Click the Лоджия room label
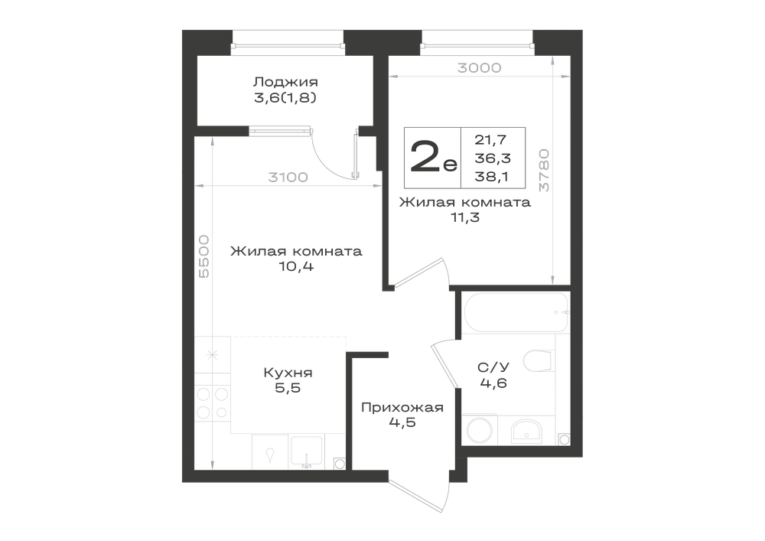[285, 81]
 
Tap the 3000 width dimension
[479, 68]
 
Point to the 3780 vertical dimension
[545, 170]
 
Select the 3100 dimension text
[288, 177]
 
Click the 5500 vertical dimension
[204, 256]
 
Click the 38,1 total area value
[492, 177]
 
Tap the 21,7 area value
[491, 140]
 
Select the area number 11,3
[465, 217]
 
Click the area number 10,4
[297, 267]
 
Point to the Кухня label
[288, 373]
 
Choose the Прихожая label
[402, 407]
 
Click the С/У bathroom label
[493, 367]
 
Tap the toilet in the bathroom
[539, 361]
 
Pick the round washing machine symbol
[479, 430]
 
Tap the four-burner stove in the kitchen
[212, 403]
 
